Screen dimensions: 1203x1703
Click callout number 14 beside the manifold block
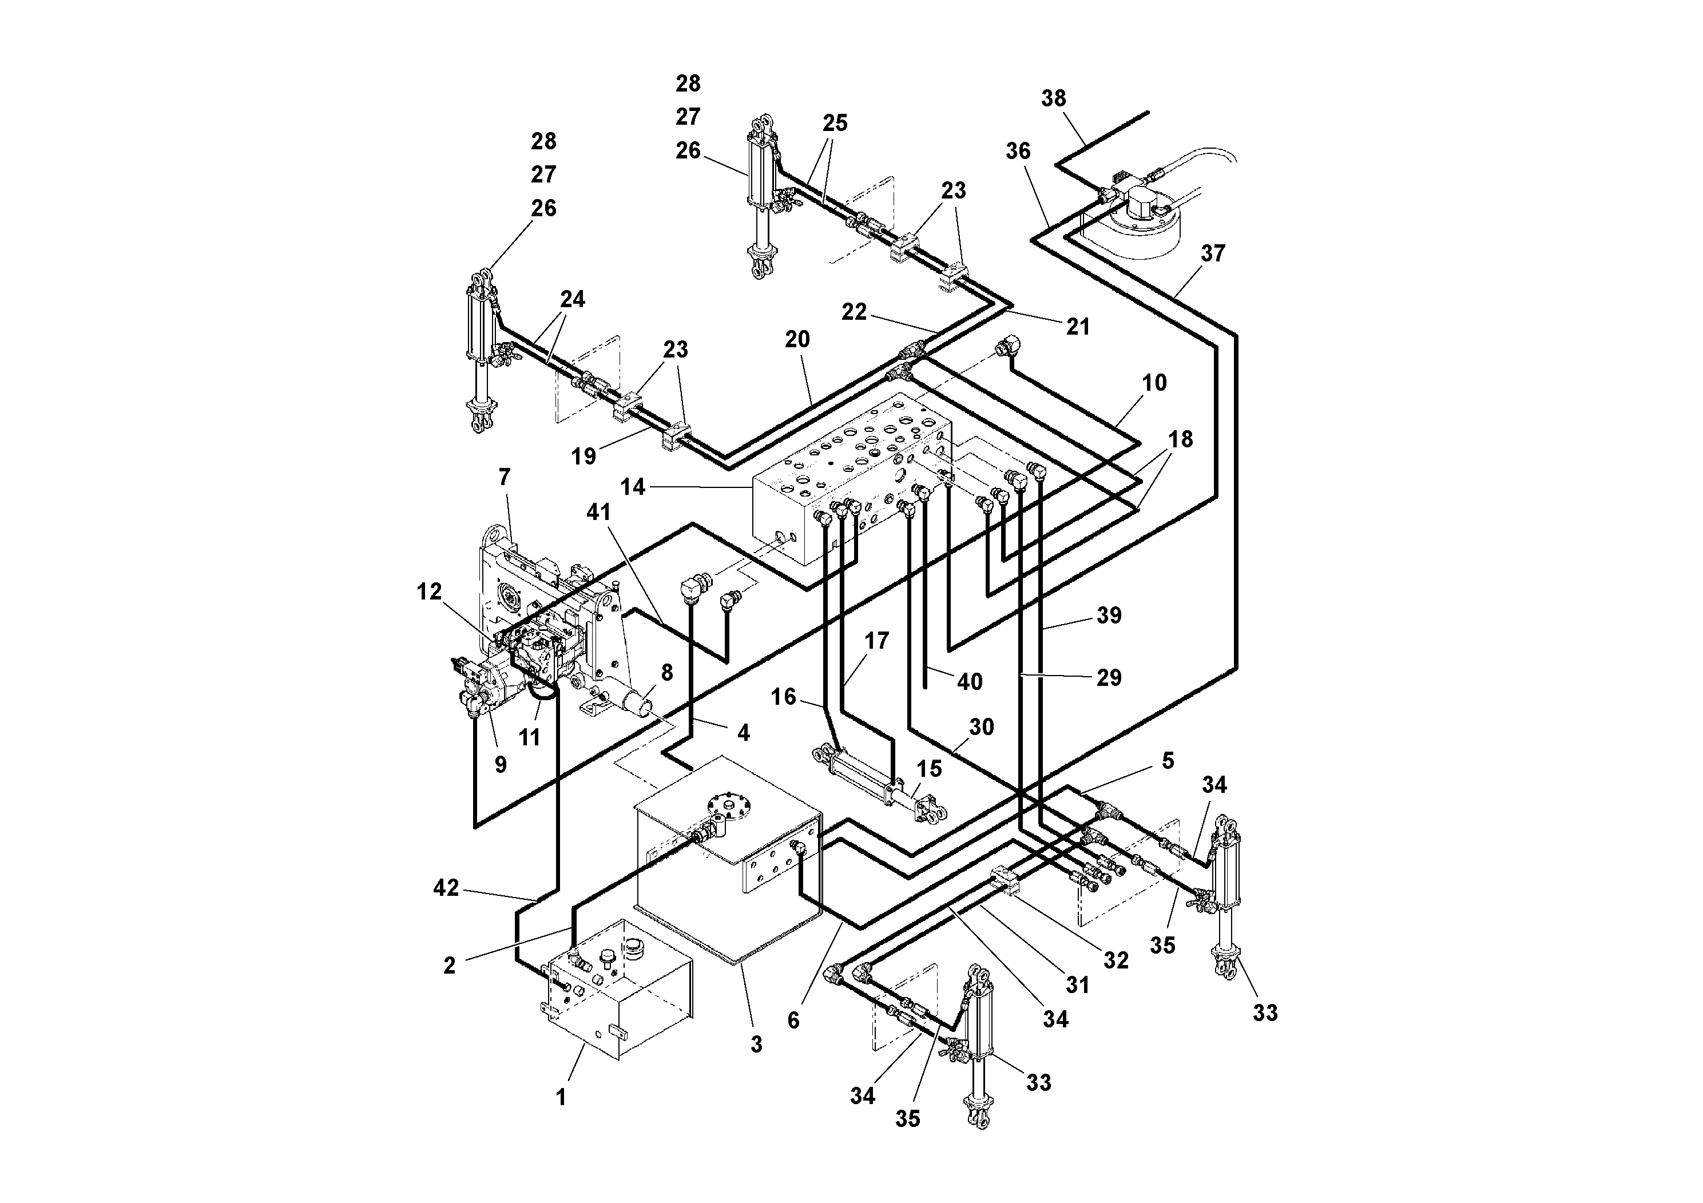coord(633,487)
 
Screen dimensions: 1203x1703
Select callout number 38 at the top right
coord(1053,98)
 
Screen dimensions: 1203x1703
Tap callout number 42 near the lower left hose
coord(446,888)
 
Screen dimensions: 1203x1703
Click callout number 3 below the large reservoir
coord(756,1045)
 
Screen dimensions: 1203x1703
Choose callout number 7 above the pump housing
coord(505,477)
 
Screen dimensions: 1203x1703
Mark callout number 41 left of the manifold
coord(598,512)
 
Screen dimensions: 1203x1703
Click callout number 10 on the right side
coord(1154,383)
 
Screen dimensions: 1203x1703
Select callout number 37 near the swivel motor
coord(1213,253)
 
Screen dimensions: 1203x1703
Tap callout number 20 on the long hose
coord(797,340)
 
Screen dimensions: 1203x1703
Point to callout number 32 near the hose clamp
coord(1116,960)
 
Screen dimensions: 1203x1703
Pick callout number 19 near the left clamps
coord(583,456)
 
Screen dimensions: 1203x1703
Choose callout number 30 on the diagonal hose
coord(981,727)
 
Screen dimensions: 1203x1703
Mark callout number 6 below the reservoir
coord(793,1021)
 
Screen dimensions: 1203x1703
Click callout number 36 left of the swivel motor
coord(1018,151)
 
